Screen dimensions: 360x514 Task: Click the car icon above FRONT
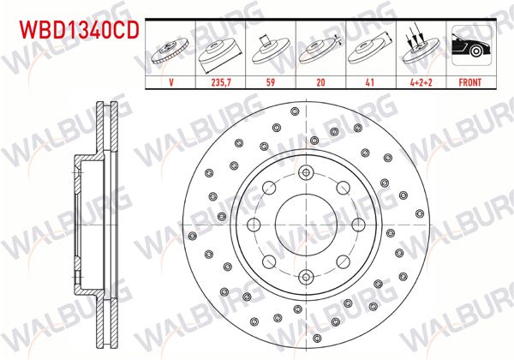point(469,50)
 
